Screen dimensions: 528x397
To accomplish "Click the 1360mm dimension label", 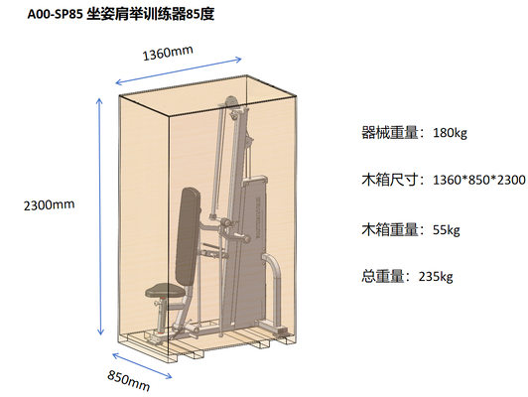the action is click(x=168, y=53).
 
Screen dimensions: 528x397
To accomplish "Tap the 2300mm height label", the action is click(x=50, y=204).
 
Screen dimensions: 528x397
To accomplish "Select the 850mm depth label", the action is click(x=129, y=380).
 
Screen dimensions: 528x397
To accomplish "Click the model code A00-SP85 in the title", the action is click(x=56, y=15).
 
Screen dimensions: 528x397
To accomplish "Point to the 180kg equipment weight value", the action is click(x=450, y=133).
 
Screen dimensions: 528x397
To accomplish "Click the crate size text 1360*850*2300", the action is click(x=478, y=180).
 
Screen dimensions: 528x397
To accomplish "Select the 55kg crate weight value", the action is click(x=447, y=230).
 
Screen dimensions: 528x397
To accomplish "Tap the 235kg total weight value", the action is click(x=436, y=277).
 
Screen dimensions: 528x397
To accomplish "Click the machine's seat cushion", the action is click(x=166, y=290).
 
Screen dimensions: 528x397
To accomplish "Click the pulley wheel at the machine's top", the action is click(x=231, y=102).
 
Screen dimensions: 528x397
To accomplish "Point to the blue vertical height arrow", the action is click(x=99, y=216).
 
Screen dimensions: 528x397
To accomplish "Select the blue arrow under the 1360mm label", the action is click(x=179, y=71).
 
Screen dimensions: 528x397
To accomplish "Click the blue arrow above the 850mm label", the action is click(x=142, y=365).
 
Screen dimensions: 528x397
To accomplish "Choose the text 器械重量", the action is click(x=390, y=133).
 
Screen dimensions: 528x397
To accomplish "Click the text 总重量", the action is click(x=382, y=277).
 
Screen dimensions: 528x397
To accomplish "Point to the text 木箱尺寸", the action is click(x=390, y=180).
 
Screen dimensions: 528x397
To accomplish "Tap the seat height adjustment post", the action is click(x=162, y=316).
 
